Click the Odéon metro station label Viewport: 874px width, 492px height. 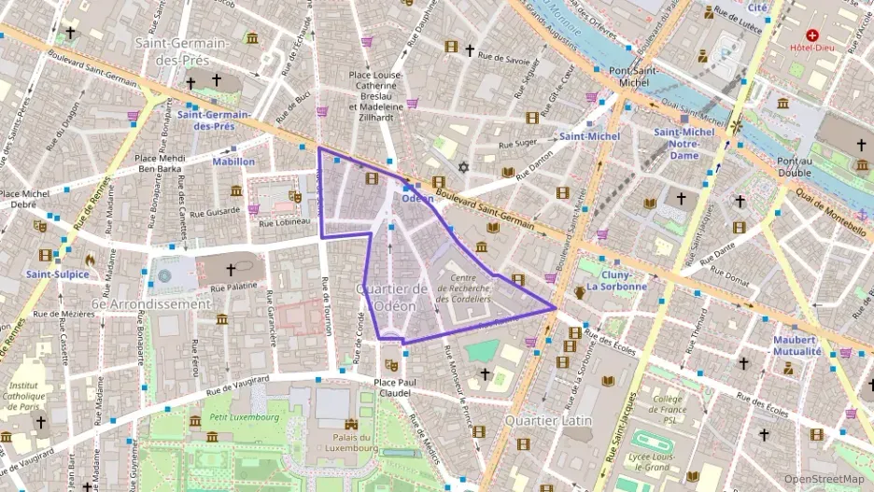(x=417, y=198)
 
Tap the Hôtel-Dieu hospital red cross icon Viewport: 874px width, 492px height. (x=812, y=35)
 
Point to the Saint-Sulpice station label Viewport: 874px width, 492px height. (x=58, y=274)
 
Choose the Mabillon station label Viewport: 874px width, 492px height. (x=233, y=162)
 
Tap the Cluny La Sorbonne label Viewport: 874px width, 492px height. (x=616, y=280)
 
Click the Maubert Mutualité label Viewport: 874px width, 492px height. (x=796, y=345)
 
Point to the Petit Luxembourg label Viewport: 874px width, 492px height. (x=245, y=417)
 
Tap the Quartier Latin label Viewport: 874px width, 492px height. (x=548, y=420)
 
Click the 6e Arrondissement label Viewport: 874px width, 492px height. (x=151, y=304)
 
